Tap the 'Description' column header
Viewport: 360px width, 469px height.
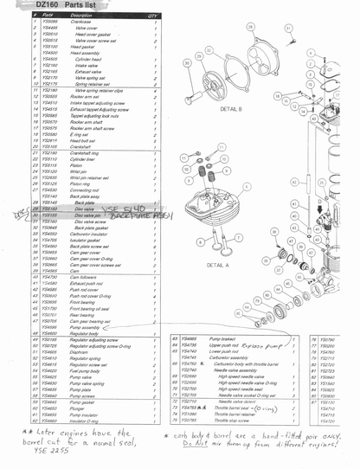[x=81, y=16]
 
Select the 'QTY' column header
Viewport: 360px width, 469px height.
[x=152, y=16]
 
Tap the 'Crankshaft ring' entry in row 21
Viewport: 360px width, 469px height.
[x=86, y=152]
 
